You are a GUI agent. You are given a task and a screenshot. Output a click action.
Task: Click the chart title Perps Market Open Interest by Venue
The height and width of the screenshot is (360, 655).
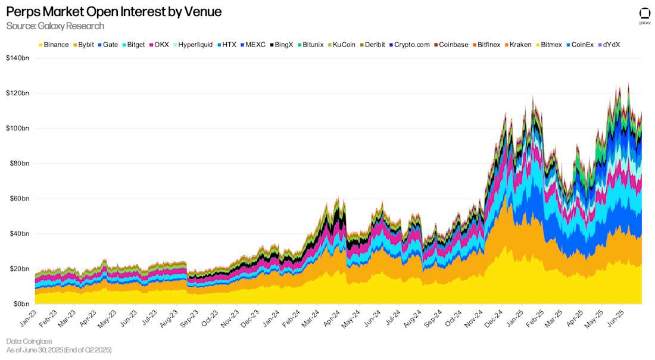coord(114,12)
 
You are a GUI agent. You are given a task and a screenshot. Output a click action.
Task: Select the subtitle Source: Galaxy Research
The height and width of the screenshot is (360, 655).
coord(55,26)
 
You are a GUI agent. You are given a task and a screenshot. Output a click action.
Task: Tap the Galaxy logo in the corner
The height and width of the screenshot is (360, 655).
coord(644,15)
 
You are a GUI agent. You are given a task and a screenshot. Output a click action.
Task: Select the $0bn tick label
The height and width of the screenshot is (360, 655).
coord(21,304)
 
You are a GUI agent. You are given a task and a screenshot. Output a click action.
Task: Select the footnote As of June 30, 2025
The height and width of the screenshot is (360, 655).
coord(58,350)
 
